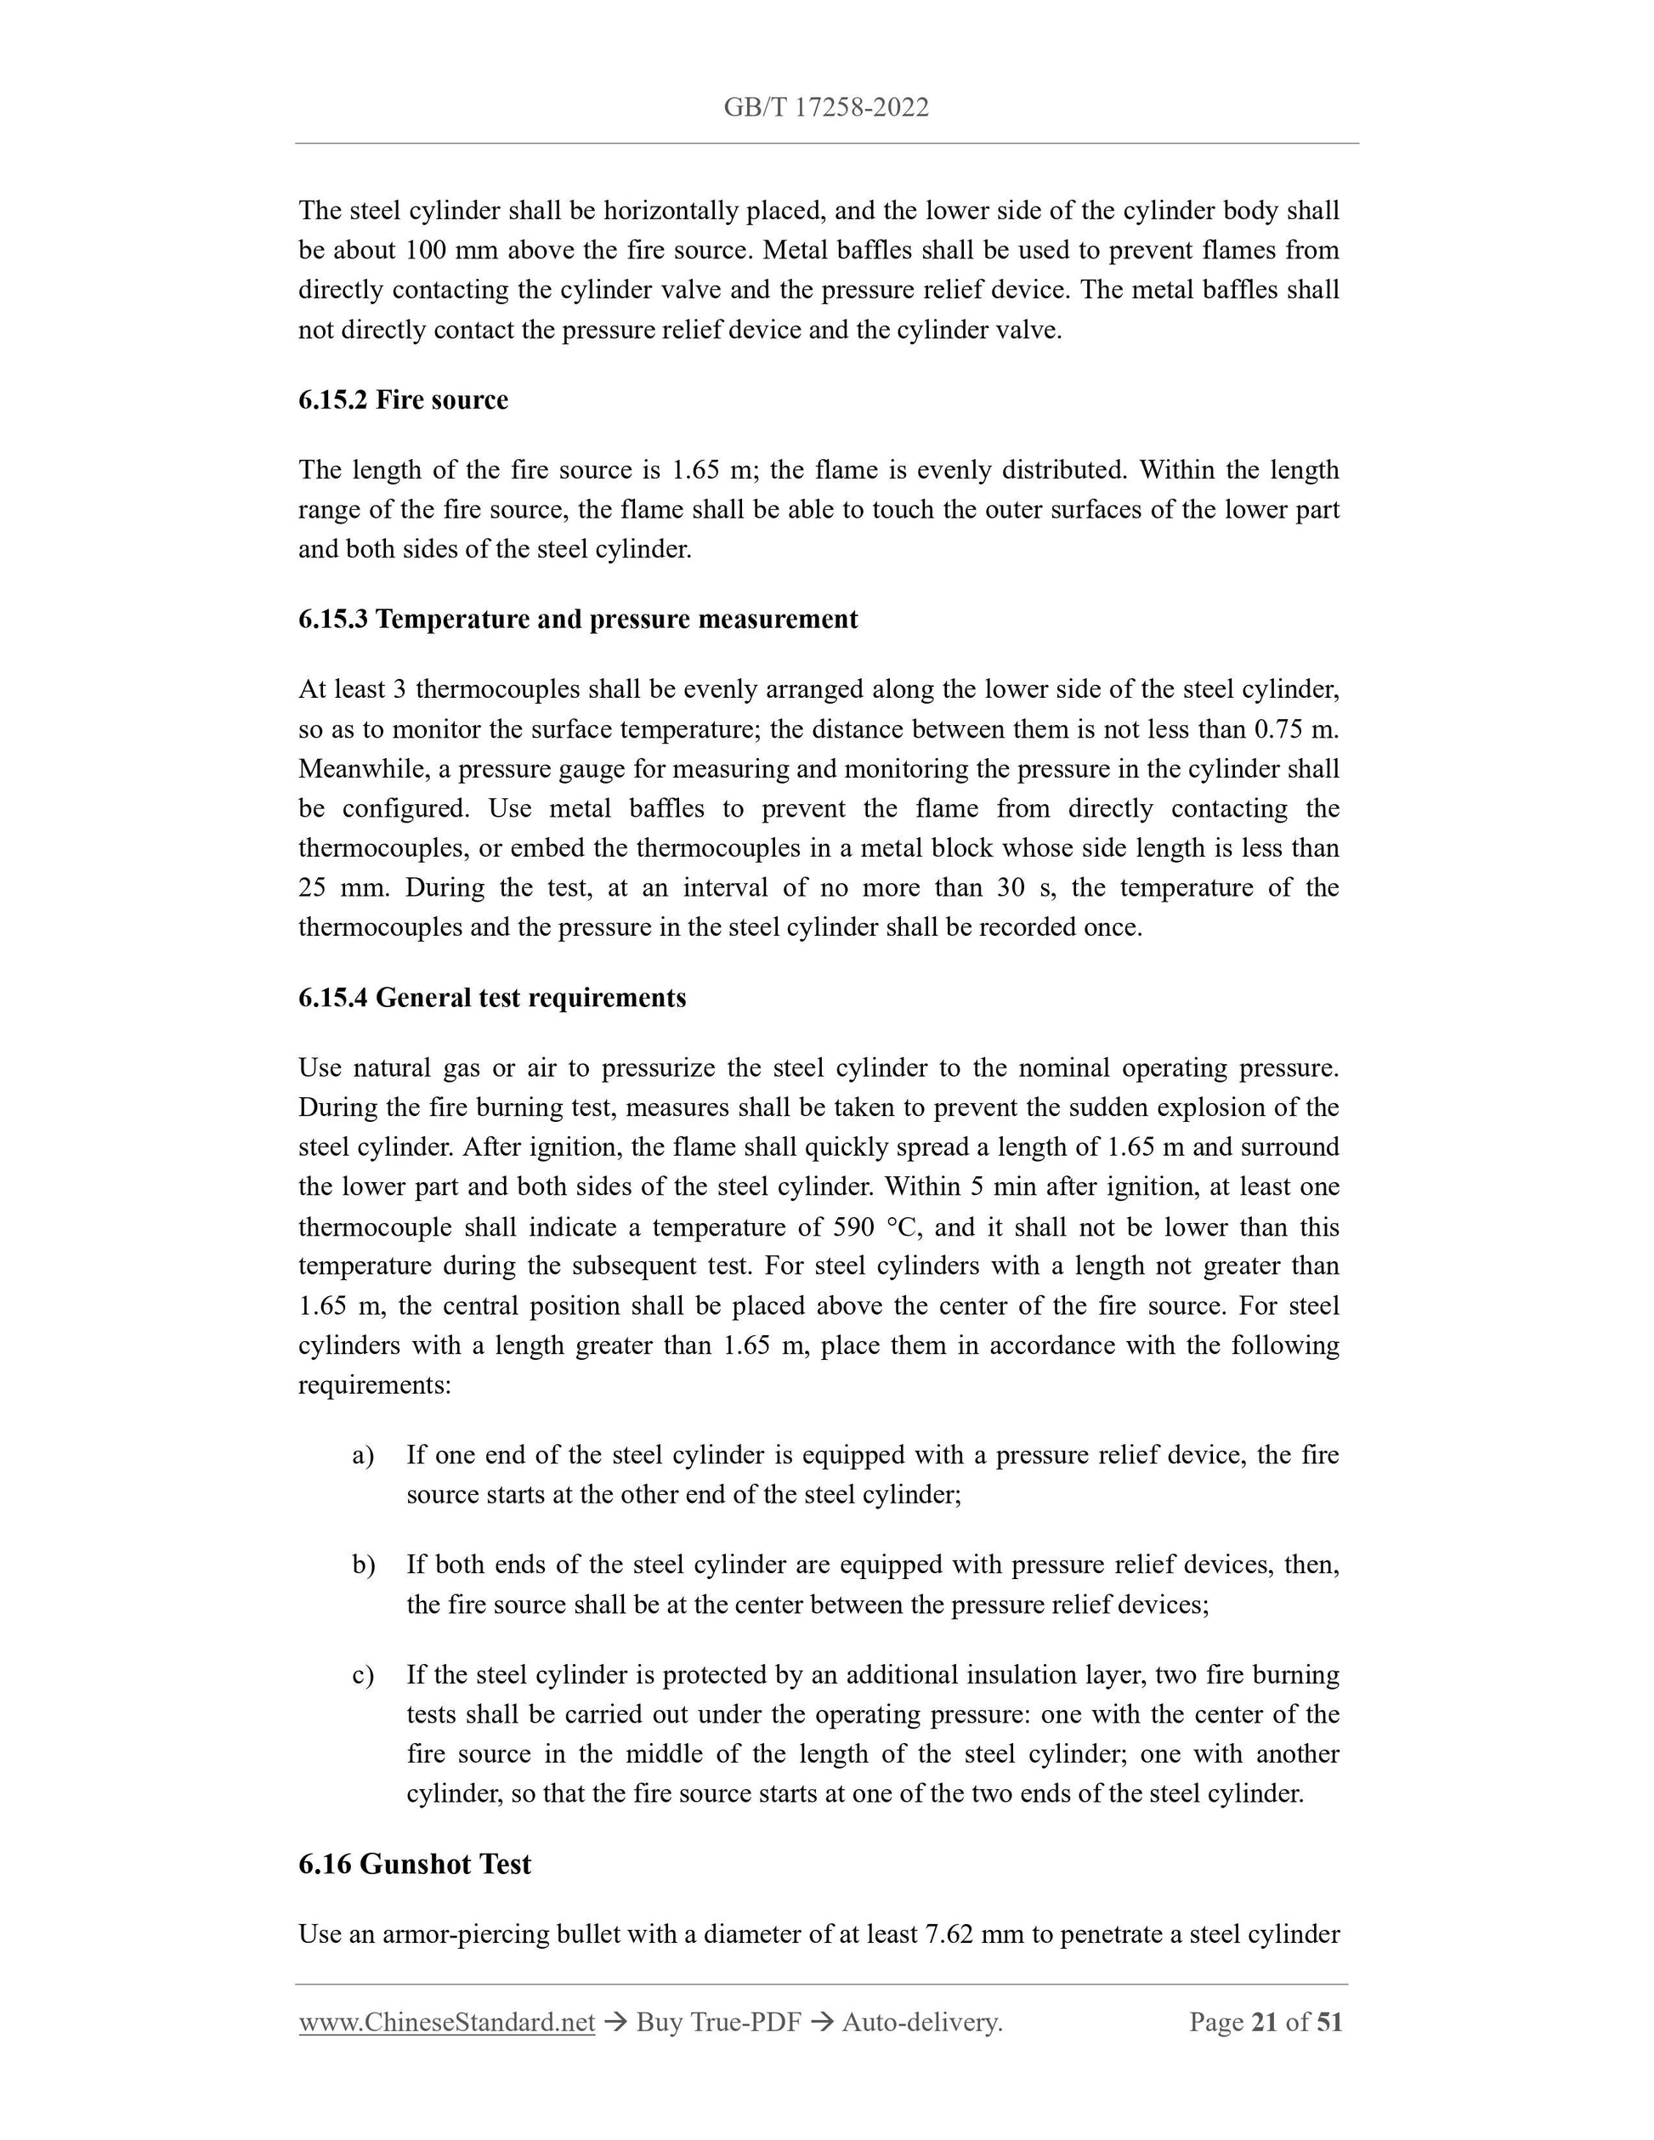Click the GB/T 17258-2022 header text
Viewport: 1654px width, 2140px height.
pyautogui.click(x=826, y=108)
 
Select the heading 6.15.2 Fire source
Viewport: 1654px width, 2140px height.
pyautogui.click(x=403, y=399)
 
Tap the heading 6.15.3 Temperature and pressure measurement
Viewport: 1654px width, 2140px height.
pyautogui.click(x=577, y=620)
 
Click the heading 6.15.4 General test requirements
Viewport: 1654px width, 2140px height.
pyautogui.click(x=492, y=998)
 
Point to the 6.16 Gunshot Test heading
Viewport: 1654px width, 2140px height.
pyautogui.click(x=415, y=1864)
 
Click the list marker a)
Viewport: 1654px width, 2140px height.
pyautogui.click(x=363, y=1455)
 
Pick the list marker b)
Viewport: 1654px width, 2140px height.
pyautogui.click(x=364, y=1565)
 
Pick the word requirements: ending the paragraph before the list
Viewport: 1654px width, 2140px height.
pyautogui.click(x=374, y=1385)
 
